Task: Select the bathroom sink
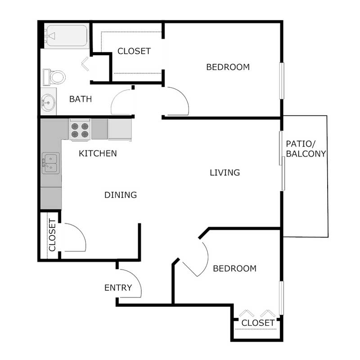click(x=48, y=103)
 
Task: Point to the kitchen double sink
click(x=50, y=163)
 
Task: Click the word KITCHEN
click(x=98, y=153)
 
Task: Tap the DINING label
click(x=121, y=195)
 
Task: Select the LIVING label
click(x=225, y=172)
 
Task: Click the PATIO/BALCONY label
click(x=306, y=149)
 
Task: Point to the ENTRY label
click(x=118, y=288)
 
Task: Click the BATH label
click(x=81, y=99)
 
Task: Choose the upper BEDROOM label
click(x=228, y=67)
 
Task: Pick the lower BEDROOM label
click(x=234, y=269)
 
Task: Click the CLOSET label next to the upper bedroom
click(x=134, y=51)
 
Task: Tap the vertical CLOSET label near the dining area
click(x=52, y=235)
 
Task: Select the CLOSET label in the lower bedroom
click(x=258, y=323)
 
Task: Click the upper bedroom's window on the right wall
click(x=282, y=80)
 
